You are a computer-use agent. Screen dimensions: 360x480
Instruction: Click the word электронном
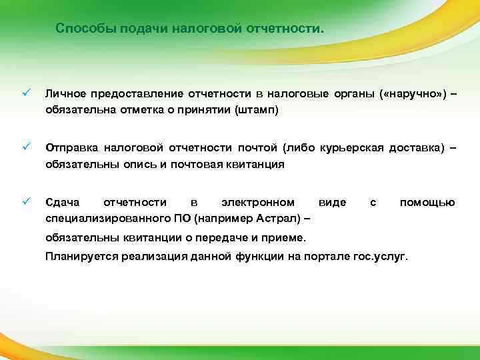[258, 202]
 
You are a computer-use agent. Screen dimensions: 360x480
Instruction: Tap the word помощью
[427, 202]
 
